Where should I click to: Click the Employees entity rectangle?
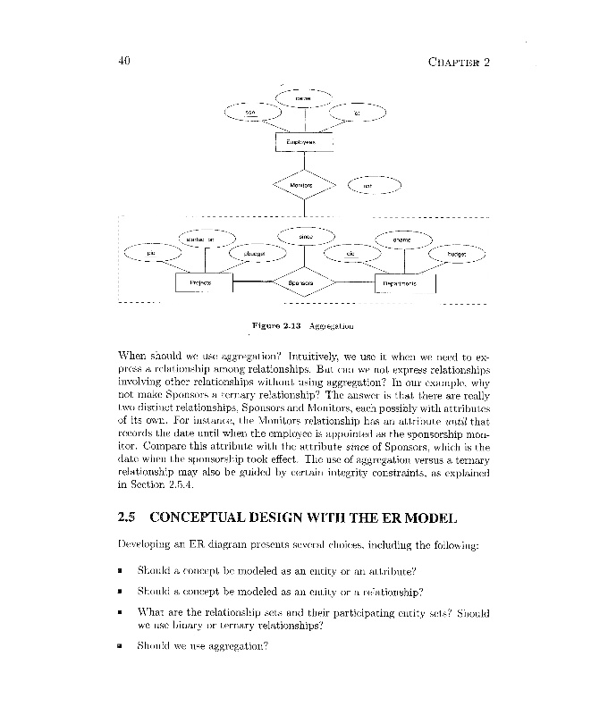coord(305,141)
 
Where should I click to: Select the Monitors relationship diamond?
coord(305,186)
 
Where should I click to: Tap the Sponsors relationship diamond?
coord(305,282)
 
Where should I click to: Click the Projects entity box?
coord(205,282)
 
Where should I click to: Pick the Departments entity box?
coord(403,282)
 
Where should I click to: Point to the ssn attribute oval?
coord(250,112)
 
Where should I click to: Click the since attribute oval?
coord(305,236)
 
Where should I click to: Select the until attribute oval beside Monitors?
coord(372,186)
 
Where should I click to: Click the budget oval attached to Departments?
coord(457,254)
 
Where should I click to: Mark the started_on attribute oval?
coord(204,239)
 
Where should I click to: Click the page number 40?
coord(125,62)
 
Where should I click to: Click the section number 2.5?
coord(126,517)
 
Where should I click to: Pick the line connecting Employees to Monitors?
coord(305,162)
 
